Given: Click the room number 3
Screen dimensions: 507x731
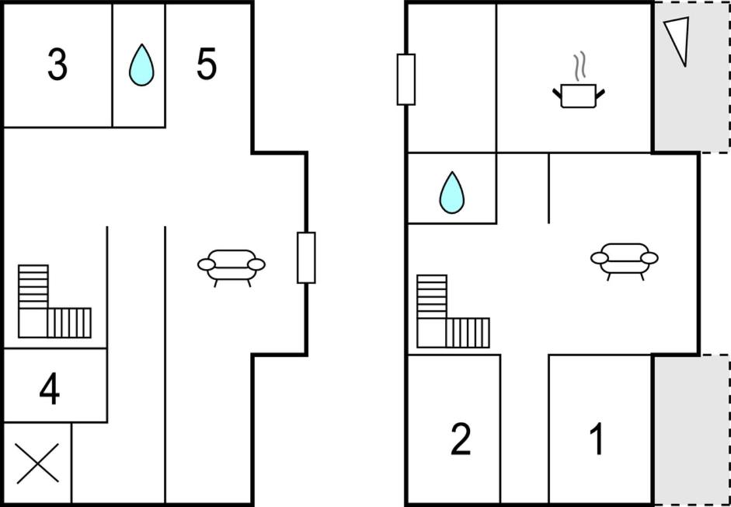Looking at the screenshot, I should [x=57, y=65].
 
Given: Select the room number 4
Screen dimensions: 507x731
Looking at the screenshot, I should [x=49, y=390].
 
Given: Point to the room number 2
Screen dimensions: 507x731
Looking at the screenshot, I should [x=461, y=440].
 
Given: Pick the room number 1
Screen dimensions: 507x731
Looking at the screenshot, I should [x=597, y=440].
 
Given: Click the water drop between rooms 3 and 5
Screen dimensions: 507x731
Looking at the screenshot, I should [x=141, y=65].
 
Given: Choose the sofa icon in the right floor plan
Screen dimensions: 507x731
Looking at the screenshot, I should [x=624, y=259].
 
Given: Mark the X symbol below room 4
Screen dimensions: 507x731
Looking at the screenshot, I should [x=37, y=465].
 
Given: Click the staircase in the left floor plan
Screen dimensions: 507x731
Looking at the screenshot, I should [x=50, y=303].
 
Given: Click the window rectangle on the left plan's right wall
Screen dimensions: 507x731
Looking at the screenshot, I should [x=306, y=257].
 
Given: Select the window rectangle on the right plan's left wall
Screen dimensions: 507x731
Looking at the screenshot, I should [x=406, y=79].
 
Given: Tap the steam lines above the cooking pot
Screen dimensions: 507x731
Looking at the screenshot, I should [x=578, y=67].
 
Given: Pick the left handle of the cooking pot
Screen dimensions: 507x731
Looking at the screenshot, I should [x=557, y=93].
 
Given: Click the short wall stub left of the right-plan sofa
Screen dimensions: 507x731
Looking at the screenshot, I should [x=548, y=188].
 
